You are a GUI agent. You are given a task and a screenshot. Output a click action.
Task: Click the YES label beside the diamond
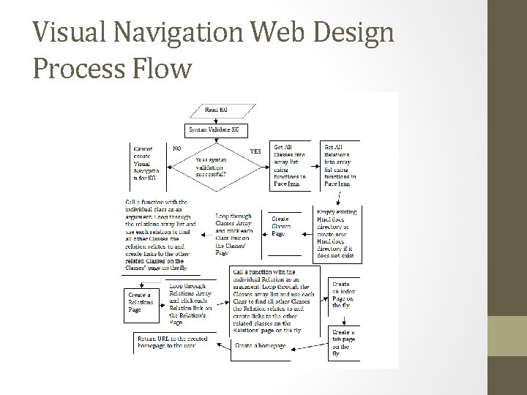click(256, 151)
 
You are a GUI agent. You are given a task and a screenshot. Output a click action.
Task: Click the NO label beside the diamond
click(177, 148)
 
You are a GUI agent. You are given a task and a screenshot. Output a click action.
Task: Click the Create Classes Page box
click(284, 226)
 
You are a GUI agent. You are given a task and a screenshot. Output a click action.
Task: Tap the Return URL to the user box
click(175, 342)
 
